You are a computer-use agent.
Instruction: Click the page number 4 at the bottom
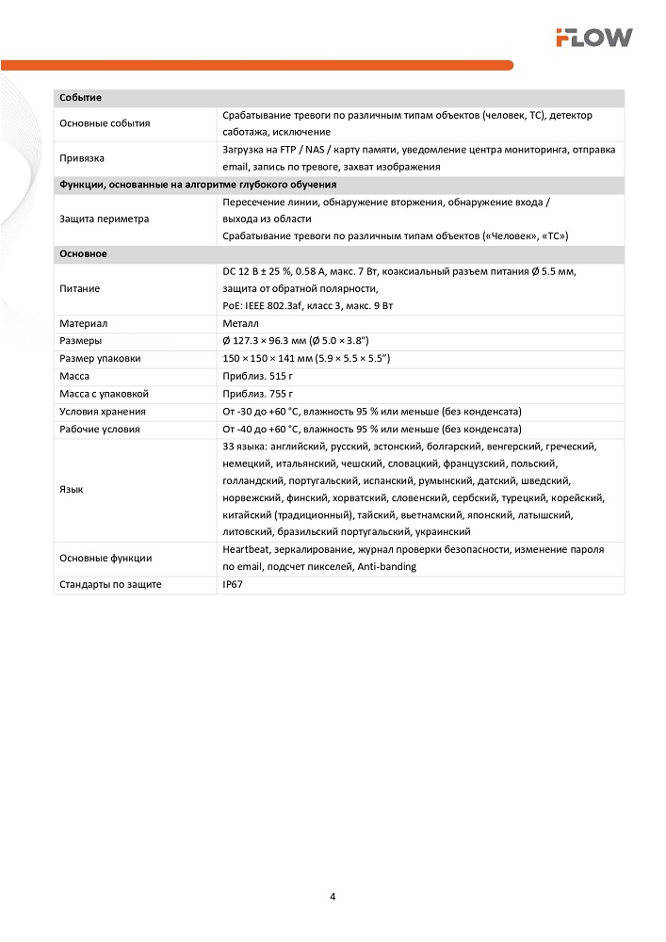click(x=333, y=896)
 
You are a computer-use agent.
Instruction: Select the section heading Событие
click(x=80, y=98)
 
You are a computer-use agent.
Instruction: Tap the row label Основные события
click(x=105, y=123)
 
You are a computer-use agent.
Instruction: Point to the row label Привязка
click(x=81, y=158)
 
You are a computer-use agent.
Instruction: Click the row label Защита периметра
click(x=104, y=219)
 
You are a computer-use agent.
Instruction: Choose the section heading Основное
click(x=83, y=254)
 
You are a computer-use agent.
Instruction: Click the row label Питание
click(x=79, y=288)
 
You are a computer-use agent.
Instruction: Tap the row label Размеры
click(x=81, y=340)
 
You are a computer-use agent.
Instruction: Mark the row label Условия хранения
click(x=103, y=412)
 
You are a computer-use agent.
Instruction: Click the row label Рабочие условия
click(x=100, y=429)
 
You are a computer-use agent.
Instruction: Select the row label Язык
click(x=71, y=489)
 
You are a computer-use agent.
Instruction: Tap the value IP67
click(x=233, y=585)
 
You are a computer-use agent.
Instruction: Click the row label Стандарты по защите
click(x=110, y=585)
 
